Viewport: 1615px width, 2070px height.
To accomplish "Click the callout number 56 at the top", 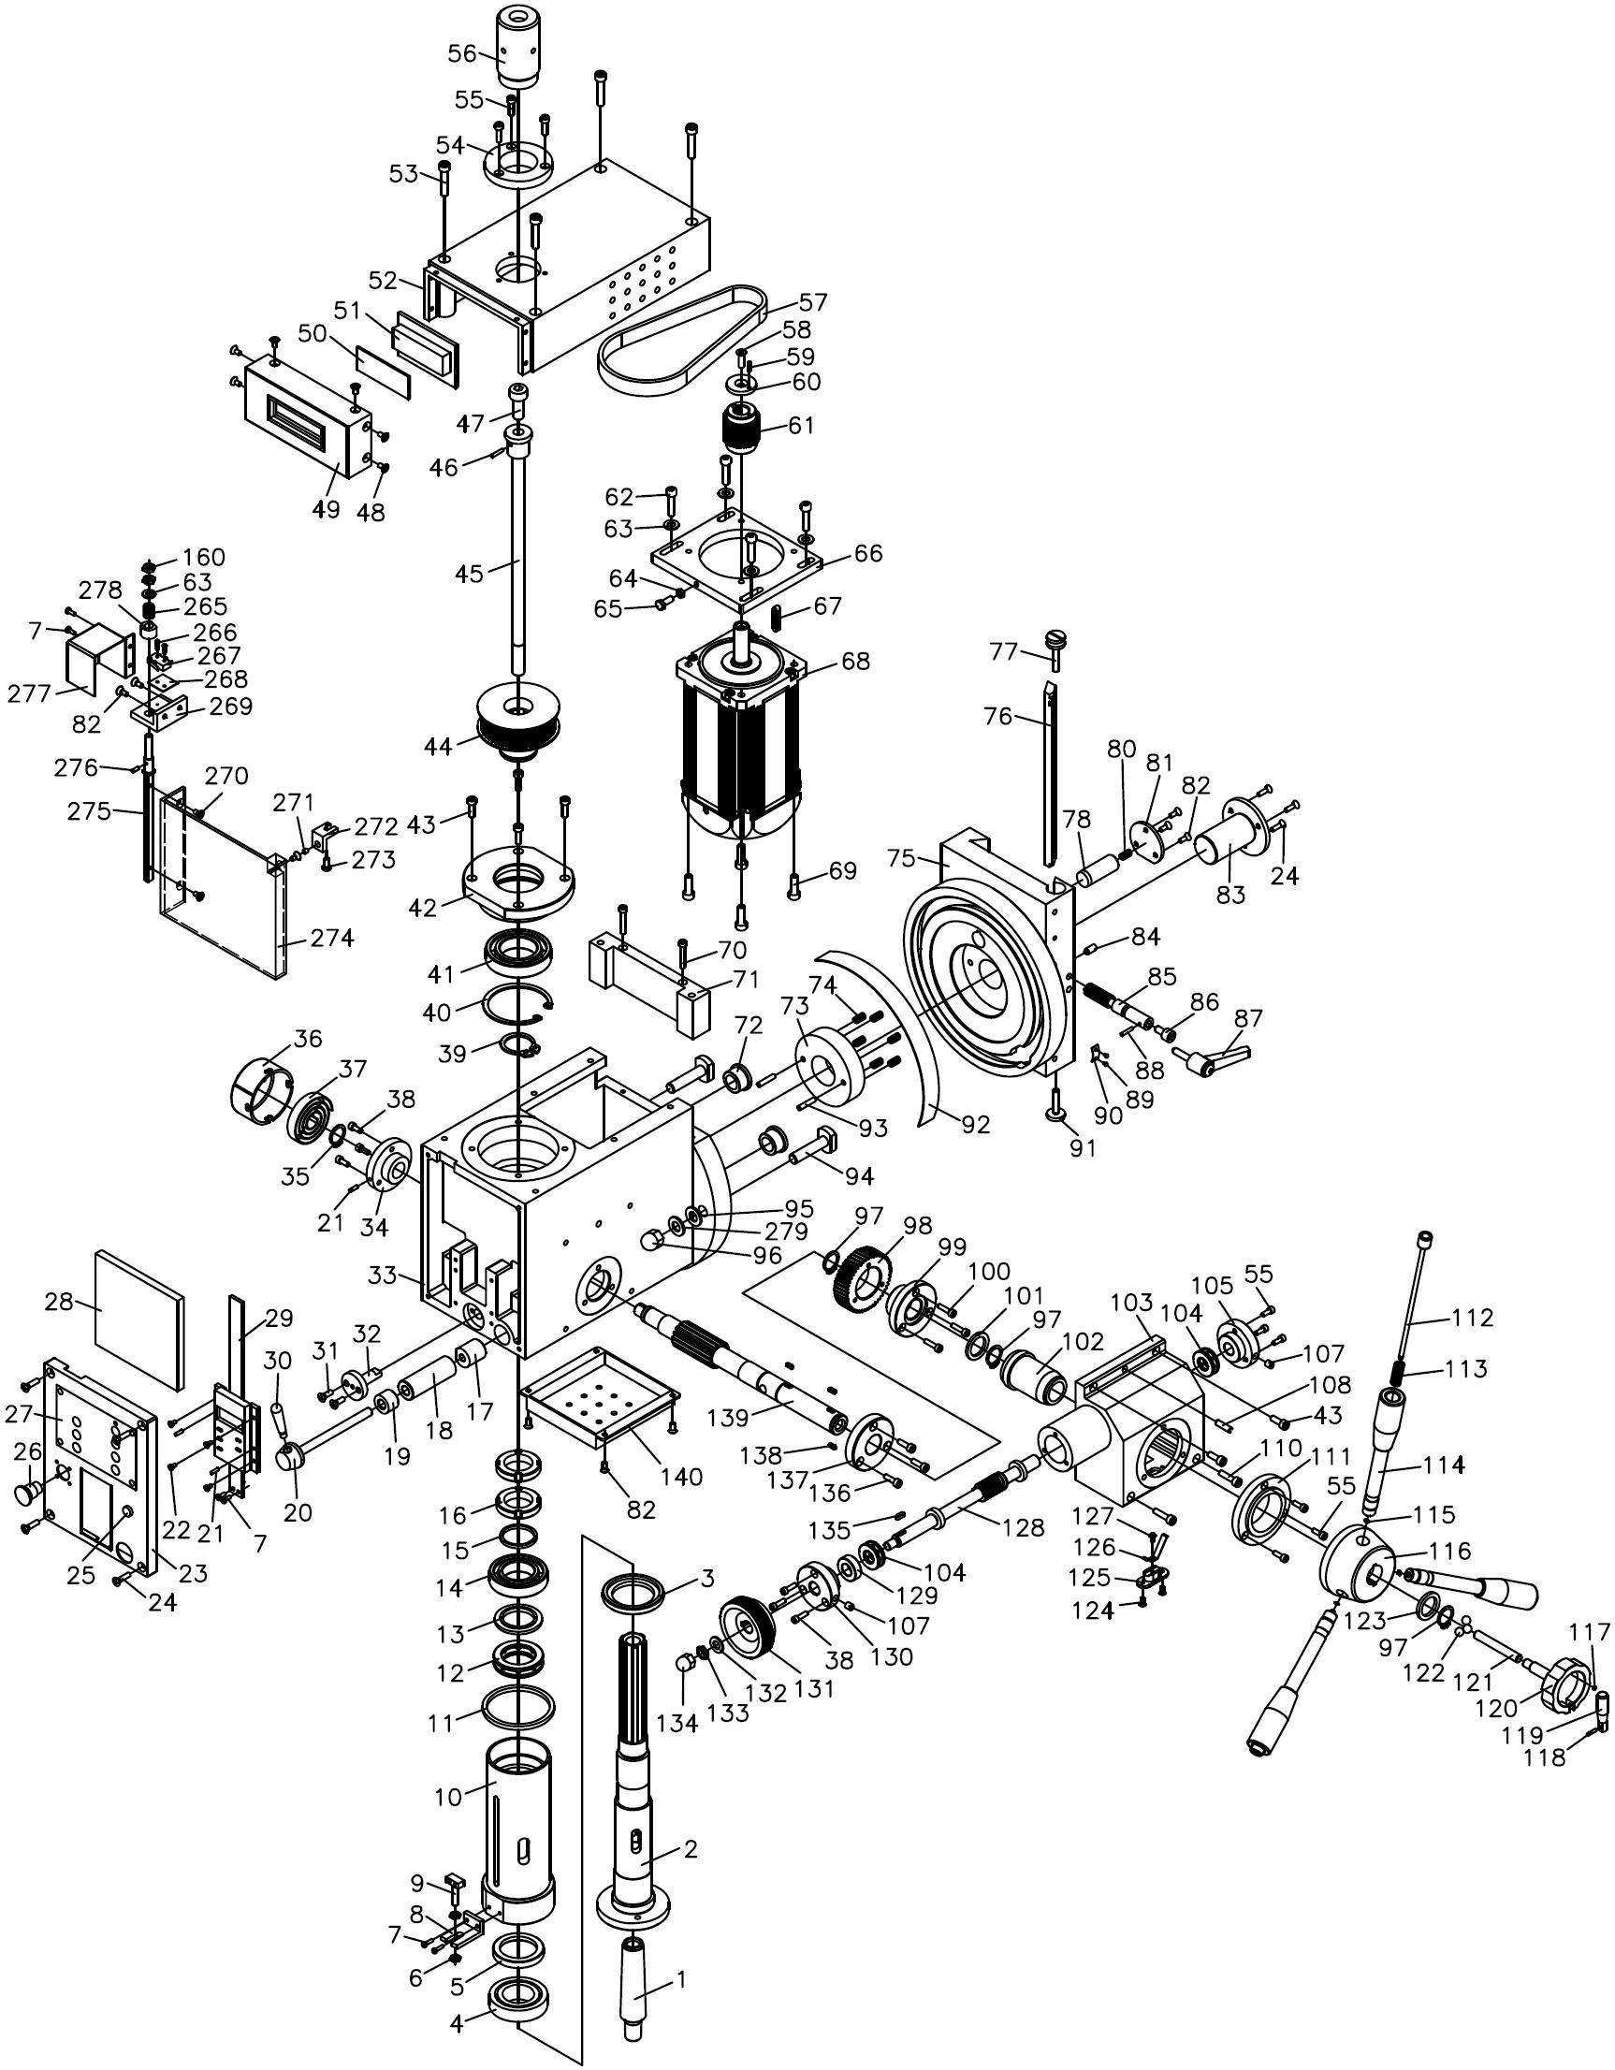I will click(x=462, y=54).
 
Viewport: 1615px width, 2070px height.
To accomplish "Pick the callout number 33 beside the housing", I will click(x=382, y=1275).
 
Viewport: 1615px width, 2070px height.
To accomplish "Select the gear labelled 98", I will click(x=863, y=1278).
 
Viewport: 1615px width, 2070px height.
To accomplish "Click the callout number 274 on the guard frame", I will click(x=332, y=939).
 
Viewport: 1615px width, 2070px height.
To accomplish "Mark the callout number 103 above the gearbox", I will click(x=1131, y=1303).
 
